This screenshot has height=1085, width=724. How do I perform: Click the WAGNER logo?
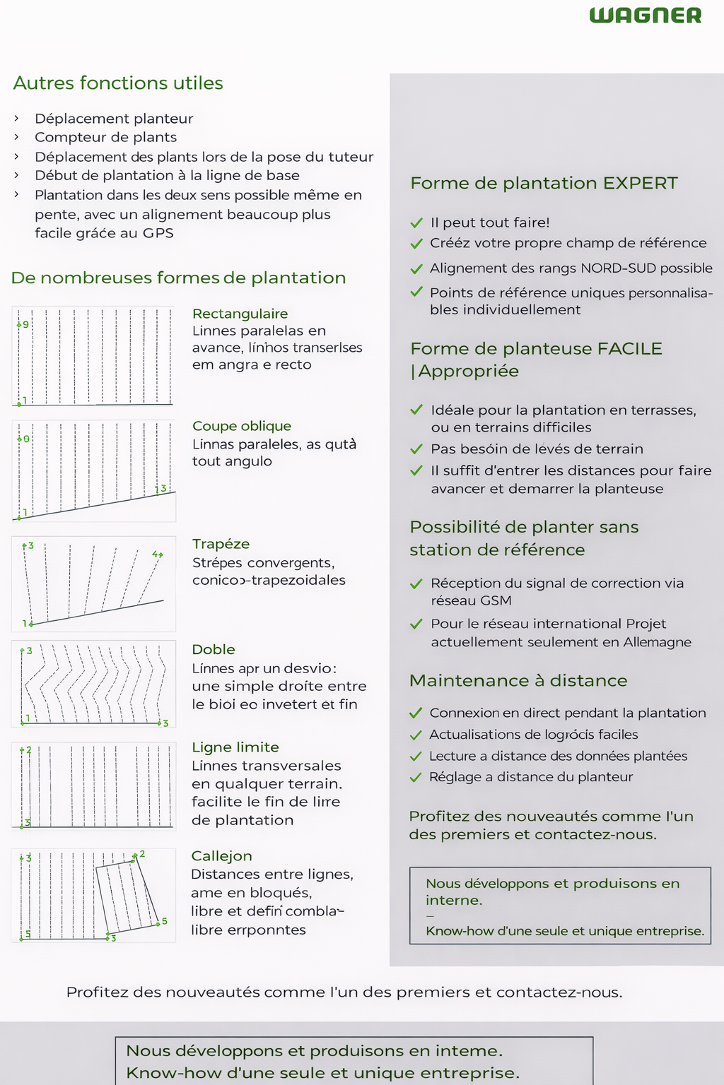(646, 16)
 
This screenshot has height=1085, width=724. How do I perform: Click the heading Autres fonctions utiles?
(118, 83)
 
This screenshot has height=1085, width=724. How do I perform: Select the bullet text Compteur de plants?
(105, 137)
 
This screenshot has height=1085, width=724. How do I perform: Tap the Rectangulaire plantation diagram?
(93, 356)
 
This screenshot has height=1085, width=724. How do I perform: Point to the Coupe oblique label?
(242, 426)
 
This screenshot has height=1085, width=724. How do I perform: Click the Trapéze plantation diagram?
(93, 583)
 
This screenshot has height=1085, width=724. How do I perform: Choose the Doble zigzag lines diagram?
(93, 684)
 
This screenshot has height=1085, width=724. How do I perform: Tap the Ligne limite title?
(235, 747)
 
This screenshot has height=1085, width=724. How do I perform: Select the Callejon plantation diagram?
(93, 895)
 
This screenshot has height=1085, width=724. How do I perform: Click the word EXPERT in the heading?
(640, 184)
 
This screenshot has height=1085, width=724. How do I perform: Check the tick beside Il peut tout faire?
(416, 223)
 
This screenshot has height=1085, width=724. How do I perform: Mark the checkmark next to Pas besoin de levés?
(416, 449)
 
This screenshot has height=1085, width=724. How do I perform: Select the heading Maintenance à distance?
(518, 680)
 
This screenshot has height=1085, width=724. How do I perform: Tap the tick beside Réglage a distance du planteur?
(416, 777)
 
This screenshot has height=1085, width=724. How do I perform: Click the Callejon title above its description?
(221, 856)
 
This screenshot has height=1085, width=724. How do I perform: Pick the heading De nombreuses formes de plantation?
(178, 278)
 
